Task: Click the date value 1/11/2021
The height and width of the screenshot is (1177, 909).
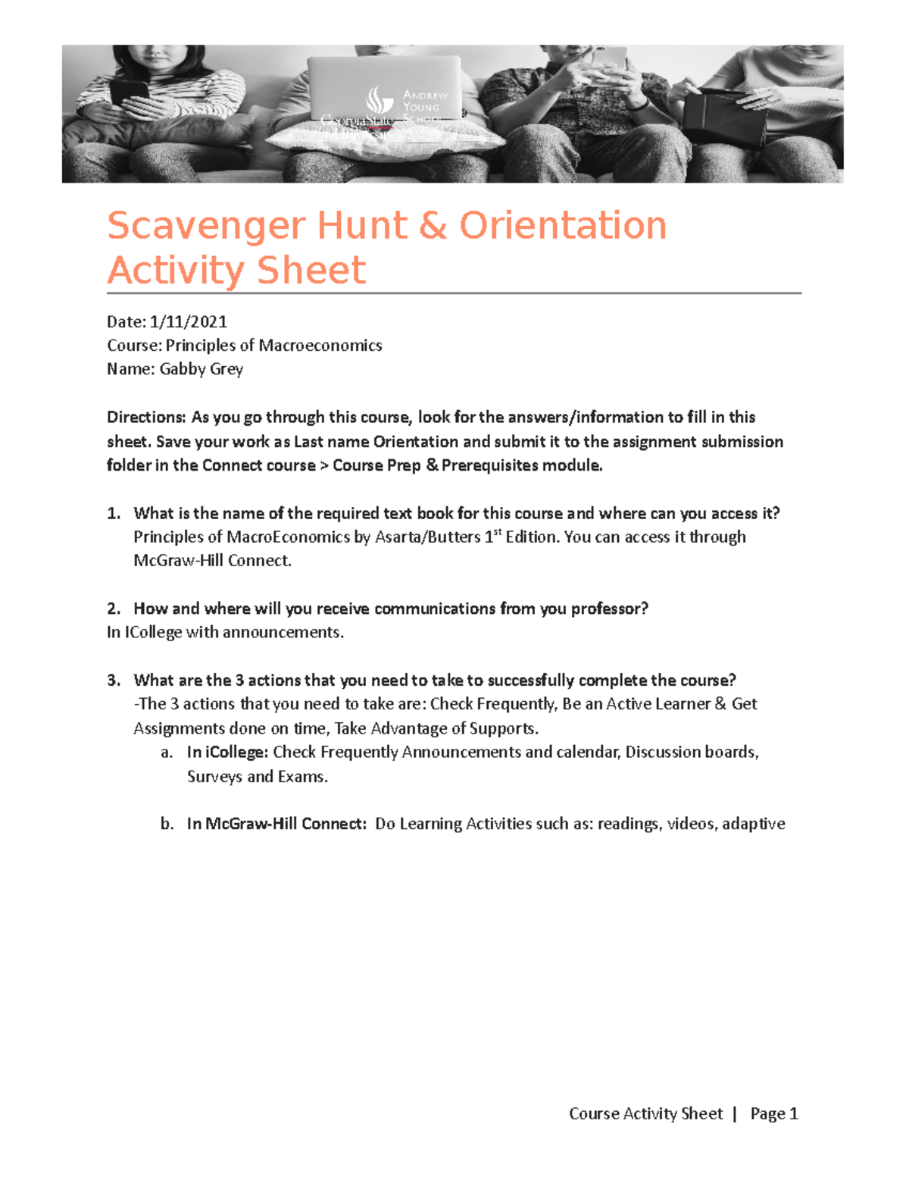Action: pos(188,321)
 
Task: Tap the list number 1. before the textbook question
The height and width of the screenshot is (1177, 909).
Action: pos(114,513)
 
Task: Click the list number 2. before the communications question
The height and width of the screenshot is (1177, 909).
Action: pos(114,609)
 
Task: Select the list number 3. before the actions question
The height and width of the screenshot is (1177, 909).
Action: pos(114,680)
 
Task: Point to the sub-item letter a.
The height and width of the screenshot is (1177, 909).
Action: pos(167,753)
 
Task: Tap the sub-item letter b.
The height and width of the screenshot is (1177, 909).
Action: pos(167,824)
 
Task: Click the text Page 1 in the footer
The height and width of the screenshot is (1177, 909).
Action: pos(773,1113)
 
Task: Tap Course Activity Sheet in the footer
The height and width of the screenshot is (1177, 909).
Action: pos(645,1113)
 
